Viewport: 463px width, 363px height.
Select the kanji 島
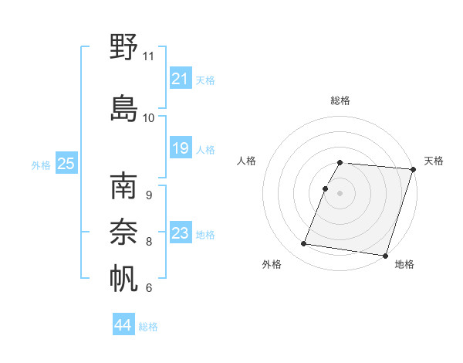click(123, 108)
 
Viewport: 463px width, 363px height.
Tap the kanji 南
click(123, 188)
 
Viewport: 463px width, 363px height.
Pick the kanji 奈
click(123, 232)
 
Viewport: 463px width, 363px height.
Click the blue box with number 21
click(180, 78)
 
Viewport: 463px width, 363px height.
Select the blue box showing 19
click(180, 148)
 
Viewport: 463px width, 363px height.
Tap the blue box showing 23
click(180, 233)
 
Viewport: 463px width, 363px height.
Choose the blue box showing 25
click(66, 163)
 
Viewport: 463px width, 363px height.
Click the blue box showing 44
click(123, 325)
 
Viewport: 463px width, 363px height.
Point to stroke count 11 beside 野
click(148, 56)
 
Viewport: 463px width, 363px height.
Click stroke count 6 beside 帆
click(148, 288)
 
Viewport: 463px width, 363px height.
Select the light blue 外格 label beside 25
click(41, 165)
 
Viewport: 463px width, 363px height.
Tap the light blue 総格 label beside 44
click(148, 327)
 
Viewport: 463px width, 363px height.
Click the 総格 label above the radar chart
click(340, 100)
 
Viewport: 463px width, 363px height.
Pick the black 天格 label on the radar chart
click(434, 161)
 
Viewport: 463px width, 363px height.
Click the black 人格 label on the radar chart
click(247, 161)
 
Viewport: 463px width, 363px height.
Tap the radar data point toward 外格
click(304, 244)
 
